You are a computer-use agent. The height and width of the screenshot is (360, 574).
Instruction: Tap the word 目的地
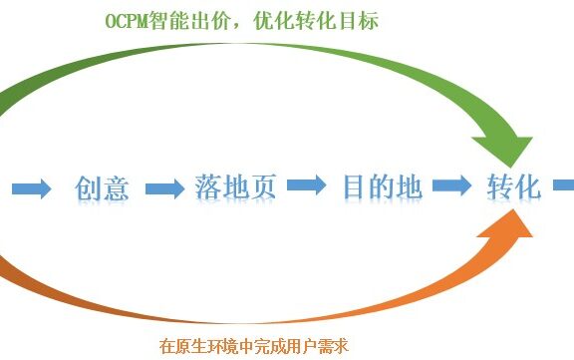382,186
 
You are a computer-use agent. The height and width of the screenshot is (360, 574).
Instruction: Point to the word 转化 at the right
514,186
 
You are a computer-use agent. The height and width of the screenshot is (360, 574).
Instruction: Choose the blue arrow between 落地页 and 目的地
307,186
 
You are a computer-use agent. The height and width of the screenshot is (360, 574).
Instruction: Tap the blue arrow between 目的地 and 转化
451,186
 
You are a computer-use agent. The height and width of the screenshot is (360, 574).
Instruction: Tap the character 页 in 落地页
261,187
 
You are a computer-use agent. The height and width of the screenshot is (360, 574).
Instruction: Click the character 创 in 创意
89,187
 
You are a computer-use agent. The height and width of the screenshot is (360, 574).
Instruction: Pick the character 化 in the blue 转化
528,186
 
